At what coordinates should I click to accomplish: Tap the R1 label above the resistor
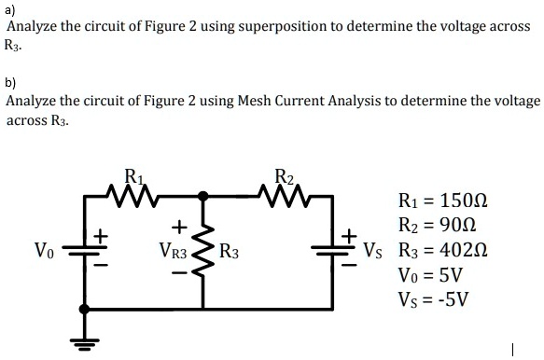(x=133, y=174)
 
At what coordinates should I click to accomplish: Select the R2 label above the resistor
(x=286, y=174)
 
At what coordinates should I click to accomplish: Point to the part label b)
(x=11, y=81)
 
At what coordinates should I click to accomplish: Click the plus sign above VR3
(x=175, y=226)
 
